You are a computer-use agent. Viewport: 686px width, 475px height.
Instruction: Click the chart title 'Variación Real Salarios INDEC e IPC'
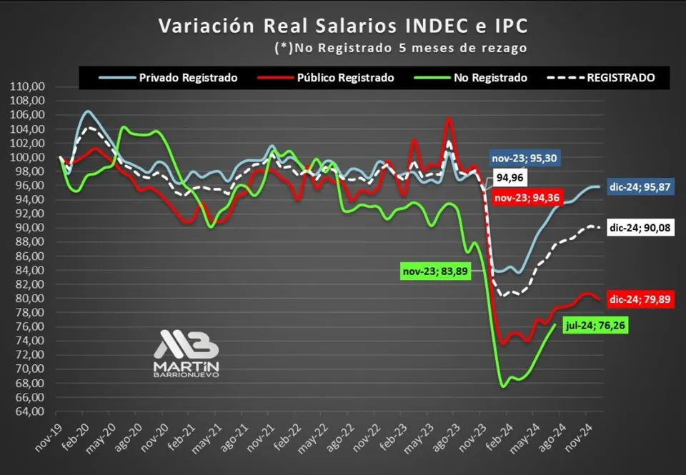pyautogui.click(x=344, y=26)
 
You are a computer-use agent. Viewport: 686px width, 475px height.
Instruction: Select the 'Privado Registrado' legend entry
pyautogui.click(x=188, y=78)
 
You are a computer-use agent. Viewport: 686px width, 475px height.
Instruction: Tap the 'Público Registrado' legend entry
pyautogui.click(x=345, y=78)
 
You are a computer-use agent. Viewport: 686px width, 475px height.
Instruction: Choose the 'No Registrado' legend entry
pyautogui.click(x=489, y=78)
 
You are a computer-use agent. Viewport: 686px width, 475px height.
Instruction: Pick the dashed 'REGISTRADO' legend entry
pyautogui.click(x=620, y=78)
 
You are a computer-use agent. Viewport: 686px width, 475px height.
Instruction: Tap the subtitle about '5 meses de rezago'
pyautogui.click(x=400, y=48)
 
